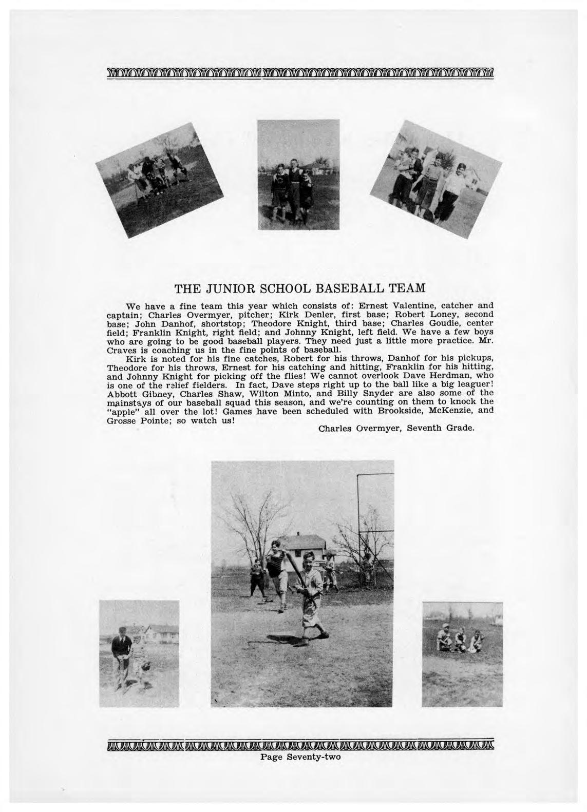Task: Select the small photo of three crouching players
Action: click(x=455, y=654)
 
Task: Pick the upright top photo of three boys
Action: click(x=292, y=175)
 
